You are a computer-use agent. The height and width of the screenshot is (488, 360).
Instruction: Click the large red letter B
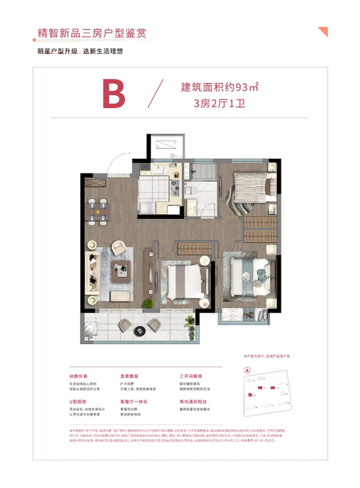coord(113,95)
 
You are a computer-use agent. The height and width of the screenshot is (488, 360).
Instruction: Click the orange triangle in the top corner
coord(321,31)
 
